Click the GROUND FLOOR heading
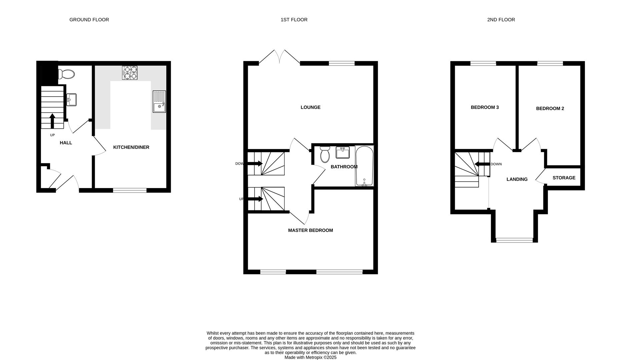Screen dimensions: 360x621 [89, 20]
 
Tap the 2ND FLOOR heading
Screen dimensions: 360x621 [501, 20]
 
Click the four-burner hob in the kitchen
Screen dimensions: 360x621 [130, 73]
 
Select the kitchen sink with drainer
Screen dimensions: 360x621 [159, 101]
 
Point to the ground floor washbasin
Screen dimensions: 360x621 [71, 99]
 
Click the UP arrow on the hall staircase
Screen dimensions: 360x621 [52, 121]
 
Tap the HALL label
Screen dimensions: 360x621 [66, 143]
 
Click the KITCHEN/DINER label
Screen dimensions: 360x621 [131, 147]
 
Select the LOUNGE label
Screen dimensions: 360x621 [310, 107]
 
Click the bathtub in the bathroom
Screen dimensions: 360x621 [364, 166]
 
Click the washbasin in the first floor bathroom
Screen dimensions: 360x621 [343, 152]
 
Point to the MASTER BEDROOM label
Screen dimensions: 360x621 [310, 230]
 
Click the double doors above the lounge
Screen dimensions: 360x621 [279, 57]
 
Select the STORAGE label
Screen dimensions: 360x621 [564, 178]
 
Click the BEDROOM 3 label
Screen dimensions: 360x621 [484, 107]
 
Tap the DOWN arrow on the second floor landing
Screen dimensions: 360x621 [482, 164]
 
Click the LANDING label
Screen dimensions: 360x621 [517, 179]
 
